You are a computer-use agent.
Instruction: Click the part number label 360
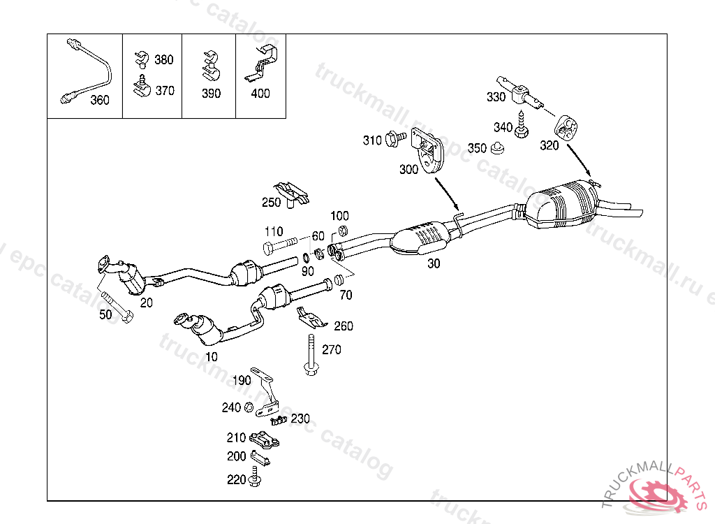coord(100,100)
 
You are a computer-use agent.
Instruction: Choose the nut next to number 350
coord(497,148)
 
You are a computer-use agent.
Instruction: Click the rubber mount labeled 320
coord(566,129)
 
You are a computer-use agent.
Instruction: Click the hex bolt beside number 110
coord(281,247)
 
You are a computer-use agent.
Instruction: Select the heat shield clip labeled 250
coord(291,194)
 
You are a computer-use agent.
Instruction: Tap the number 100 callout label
coord(339,217)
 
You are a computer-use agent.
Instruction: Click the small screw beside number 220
coord(253,479)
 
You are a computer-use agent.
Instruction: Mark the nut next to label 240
coord(249,408)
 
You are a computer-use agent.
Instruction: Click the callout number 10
coord(212,357)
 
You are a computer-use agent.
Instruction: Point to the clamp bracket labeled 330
coord(519,93)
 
